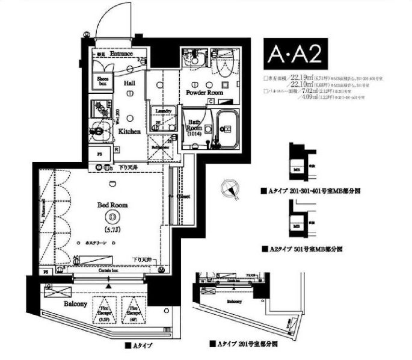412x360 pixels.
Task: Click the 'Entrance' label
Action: [x=121, y=54]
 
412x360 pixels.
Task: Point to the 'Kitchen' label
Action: [x=129, y=131]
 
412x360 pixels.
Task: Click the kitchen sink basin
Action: [x=98, y=128]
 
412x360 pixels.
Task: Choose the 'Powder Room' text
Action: [x=204, y=94]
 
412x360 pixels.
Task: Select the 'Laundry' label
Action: [x=163, y=111]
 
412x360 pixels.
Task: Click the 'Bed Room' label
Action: [x=112, y=205]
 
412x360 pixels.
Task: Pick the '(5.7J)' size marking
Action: [x=112, y=229]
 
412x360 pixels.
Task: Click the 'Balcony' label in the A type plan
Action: [x=76, y=304]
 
